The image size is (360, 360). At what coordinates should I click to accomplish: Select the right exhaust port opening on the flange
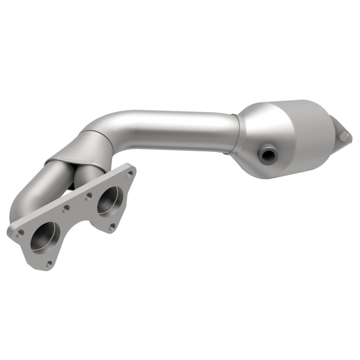pos(110,199)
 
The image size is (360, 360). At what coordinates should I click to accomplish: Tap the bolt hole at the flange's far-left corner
pos(20,233)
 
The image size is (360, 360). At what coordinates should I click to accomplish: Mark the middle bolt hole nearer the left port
pos(66,209)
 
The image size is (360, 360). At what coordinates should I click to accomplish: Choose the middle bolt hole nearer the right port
pos(88,196)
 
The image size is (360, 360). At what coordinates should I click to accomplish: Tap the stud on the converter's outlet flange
pos(344,135)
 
